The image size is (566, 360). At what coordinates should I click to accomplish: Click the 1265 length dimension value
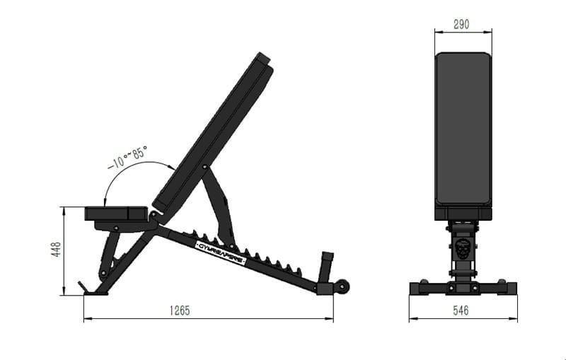tap(180, 310)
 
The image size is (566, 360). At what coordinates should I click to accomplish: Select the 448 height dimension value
tap(57, 250)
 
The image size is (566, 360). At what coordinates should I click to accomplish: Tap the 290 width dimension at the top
tap(462, 23)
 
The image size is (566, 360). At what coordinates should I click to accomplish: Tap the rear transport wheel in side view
tap(342, 287)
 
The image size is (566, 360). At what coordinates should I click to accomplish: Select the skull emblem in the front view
tap(462, 249)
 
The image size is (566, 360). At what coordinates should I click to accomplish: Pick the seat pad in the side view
tap(117, 213)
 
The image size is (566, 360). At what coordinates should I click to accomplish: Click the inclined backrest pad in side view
tap(212, 134)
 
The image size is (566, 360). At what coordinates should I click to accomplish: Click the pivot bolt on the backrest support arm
tap(204, 168)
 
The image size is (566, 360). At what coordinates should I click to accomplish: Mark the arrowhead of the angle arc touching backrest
tap(173, 167)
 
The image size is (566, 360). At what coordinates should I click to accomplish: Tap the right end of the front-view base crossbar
tap(510, 288)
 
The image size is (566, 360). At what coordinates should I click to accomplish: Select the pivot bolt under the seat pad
tap(116, 226)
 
